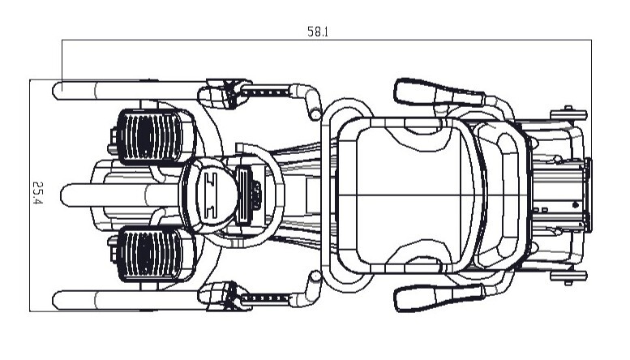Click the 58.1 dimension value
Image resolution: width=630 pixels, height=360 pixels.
point(318,32)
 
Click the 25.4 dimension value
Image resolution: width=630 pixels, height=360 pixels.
point(37,193)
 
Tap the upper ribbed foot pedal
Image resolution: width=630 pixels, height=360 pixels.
point(152,136)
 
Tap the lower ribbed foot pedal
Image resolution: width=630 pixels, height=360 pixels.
point(152,254)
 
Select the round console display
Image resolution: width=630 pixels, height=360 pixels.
point(210,195)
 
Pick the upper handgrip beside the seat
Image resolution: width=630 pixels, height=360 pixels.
point(439,93)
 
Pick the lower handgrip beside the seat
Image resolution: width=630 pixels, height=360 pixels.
point(439,298)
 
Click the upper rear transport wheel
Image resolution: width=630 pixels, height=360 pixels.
point(568,115)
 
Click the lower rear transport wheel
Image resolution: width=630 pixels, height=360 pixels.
point(568,276)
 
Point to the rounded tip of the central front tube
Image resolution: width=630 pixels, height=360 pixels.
point(64,195)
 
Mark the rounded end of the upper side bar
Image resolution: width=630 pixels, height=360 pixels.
point(57,91)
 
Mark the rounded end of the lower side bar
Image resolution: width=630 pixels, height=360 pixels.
point(57,300)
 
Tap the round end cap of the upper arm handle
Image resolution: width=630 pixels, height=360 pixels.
point(316,115)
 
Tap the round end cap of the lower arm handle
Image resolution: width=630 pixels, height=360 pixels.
point(316,276)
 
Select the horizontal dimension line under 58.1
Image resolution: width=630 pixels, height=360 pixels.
point(327,40)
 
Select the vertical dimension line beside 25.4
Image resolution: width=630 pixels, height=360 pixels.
point(30,195)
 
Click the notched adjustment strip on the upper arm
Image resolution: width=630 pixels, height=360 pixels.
point(266,92)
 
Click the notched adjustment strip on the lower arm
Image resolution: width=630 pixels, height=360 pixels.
point(266,298)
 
